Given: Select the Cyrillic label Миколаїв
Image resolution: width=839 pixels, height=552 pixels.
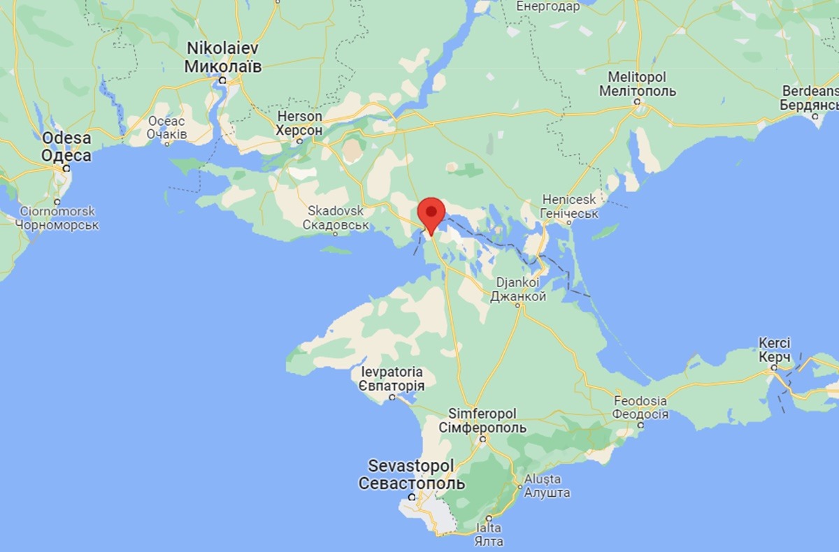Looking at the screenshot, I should [x=223, y=66].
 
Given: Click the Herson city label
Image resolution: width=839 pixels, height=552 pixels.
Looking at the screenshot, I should [x=300, y=116].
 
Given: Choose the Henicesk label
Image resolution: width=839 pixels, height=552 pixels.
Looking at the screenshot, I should [x=570, y=201].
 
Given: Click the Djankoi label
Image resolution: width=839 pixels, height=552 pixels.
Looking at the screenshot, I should [x=519, y=283].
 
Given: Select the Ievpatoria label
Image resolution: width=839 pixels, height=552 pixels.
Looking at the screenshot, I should [x=392, y=371].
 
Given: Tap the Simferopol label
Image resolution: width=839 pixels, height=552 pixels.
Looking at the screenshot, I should [x=482, y=413].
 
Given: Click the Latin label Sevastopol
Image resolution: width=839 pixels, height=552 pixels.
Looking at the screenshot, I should [x=411, y=465].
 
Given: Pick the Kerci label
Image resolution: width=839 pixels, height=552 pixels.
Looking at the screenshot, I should [x=774, y=343].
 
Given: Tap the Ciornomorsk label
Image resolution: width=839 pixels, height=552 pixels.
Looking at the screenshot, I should [x=57, y=211].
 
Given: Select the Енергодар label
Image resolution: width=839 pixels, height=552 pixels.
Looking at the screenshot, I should [x=548, y=7].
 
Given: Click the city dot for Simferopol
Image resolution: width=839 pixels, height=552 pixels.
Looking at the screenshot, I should [x=482, y=439].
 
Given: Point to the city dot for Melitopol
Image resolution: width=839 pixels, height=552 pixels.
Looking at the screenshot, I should [x=637, y=101].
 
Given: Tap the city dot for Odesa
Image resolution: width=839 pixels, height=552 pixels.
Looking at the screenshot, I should [x=66, y=168].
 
